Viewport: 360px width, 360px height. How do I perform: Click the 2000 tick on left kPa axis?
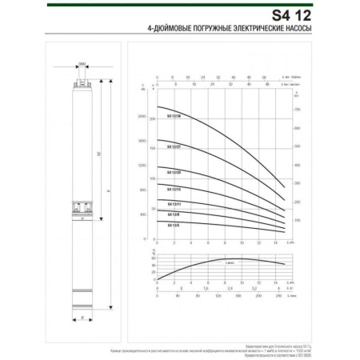tap(142, 117)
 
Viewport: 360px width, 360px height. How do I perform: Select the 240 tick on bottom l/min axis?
tap(279, 295)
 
